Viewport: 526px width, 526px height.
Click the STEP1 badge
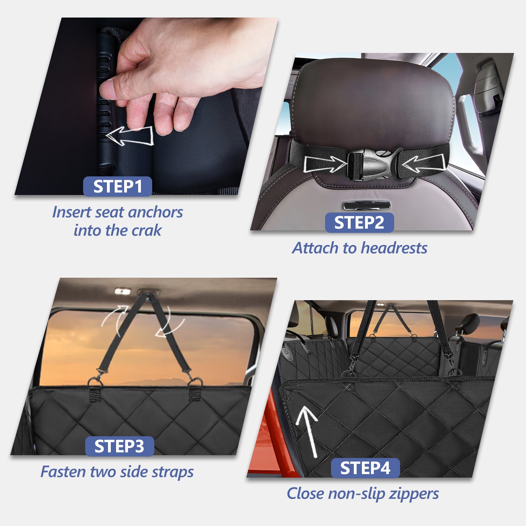[117, 186]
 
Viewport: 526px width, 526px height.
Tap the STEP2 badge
[359, 223]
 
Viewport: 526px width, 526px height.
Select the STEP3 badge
[120, 446]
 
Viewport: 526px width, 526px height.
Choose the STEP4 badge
[365, 468]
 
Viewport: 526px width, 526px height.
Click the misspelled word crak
[146, 230]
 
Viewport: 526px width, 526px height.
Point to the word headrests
[394, 248]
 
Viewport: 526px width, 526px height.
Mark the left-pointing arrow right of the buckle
[424, 163]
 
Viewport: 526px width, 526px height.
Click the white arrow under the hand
[130, 136]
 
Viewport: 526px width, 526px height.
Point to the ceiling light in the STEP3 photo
[122, 291]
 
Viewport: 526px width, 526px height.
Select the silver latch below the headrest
[367, 205]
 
